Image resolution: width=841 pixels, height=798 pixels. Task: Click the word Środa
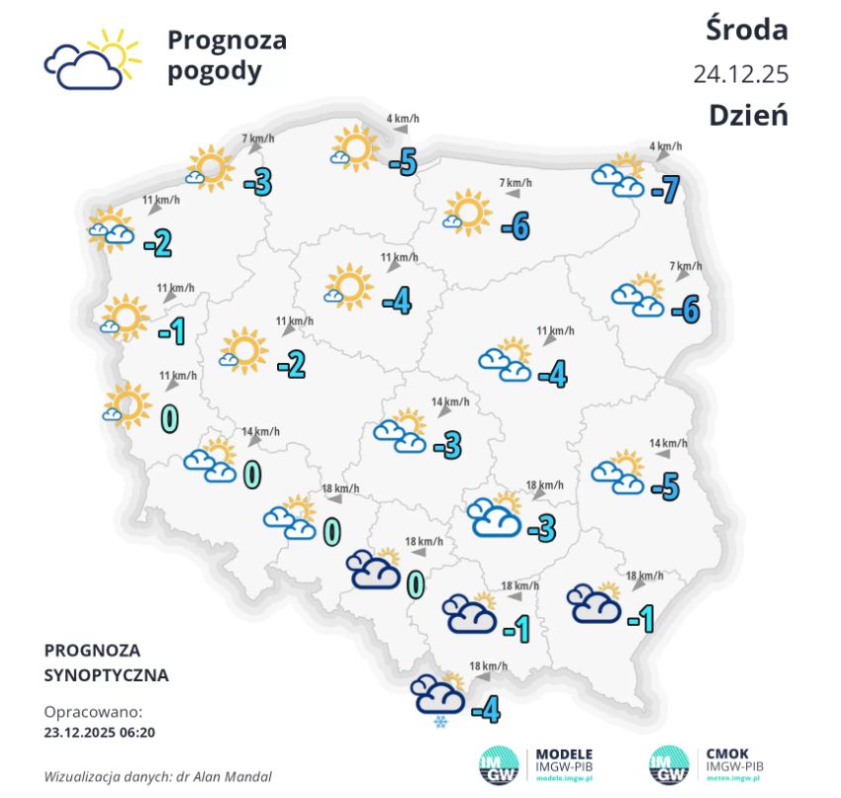click(747, 30)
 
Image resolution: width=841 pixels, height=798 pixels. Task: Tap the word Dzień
click(748, 115)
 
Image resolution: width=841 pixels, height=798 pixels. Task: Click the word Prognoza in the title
click(227, 41)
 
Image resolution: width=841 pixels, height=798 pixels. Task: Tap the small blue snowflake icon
click(438, 722)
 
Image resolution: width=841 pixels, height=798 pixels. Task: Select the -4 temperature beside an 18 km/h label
click(485, 709)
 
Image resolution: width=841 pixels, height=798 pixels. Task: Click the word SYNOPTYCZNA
click(107, 676)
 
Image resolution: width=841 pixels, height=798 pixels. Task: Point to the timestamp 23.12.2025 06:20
click(100, 733)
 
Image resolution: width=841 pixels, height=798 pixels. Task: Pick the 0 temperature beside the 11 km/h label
click(169, 417)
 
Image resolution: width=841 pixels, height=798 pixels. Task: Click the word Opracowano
click(93, 712)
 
